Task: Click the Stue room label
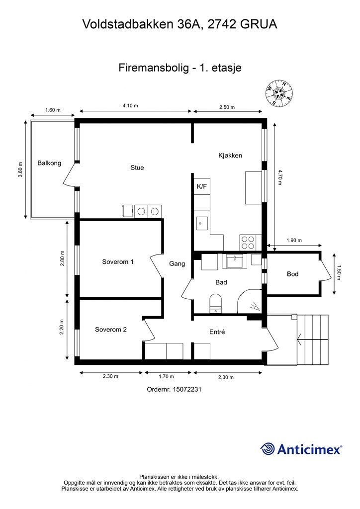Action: pos(137,168)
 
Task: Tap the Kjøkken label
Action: pos(230,156)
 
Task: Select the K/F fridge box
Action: pos(202,186)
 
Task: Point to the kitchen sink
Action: pos(201,223)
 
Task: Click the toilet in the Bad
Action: pos(215,303)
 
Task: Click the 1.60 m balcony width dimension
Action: pos(53,110)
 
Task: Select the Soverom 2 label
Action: pos(111,330)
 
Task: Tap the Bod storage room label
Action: pos(292,274)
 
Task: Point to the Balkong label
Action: pos(49,163)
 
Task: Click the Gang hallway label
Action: pos(177,264)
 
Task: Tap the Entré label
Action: pos(217,332)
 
